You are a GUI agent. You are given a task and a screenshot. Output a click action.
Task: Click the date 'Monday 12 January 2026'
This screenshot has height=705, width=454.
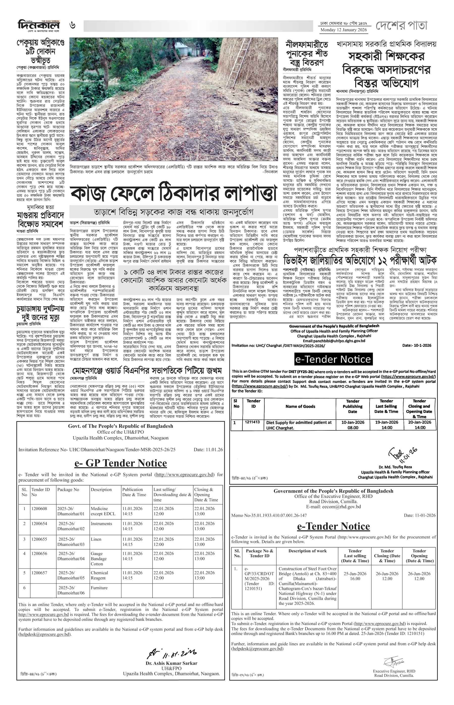point(344,30)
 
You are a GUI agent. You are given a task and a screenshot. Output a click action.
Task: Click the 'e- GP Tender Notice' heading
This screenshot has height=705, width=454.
point(121,463)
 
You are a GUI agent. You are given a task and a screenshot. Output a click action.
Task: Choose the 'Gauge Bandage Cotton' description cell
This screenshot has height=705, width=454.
point(99,559)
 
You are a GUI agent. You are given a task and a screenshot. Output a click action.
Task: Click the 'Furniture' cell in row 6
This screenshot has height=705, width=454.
point(99,587)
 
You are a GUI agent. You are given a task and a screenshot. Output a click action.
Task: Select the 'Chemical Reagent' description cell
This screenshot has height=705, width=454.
point(99,575)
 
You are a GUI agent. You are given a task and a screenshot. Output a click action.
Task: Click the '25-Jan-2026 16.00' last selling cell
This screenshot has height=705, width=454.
point(355,576)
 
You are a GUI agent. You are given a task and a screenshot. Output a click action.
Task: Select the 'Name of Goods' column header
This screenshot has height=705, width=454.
point(300,406)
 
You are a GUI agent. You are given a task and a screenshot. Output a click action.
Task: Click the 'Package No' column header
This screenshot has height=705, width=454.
point(68,490)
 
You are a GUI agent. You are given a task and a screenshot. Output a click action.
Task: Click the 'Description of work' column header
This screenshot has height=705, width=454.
point(307,551)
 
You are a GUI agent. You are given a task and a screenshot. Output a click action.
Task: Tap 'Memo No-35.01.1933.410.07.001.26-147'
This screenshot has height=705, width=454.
point(269,515)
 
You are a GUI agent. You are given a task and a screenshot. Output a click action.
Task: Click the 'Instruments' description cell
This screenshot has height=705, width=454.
point(101,523)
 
